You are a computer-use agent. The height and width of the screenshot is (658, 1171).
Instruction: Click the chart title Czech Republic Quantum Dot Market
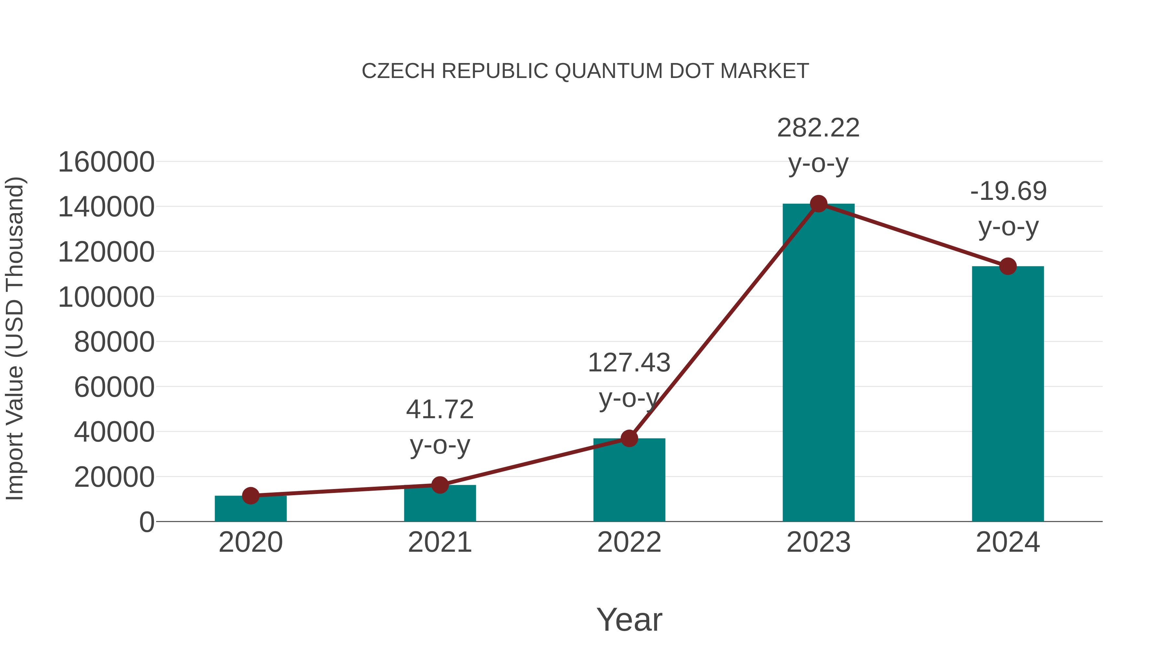585,71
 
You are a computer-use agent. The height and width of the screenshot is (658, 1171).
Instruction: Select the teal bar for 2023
818,363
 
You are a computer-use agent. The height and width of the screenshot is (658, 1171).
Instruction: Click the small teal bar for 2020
250,510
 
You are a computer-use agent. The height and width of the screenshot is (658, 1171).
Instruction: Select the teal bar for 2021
439,504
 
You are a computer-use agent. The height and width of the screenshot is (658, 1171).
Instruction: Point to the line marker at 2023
818,204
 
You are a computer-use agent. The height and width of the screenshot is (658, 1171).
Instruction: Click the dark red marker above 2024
1008,266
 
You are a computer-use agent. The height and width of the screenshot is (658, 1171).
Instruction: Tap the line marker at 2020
250,496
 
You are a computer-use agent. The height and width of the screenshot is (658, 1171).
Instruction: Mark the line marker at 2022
629,438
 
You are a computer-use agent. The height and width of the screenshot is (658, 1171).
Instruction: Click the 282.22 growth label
818,128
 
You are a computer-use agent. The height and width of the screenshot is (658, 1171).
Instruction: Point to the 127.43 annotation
629,363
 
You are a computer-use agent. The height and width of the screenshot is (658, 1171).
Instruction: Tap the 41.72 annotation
439,410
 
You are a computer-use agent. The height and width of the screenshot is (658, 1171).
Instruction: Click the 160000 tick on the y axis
106,162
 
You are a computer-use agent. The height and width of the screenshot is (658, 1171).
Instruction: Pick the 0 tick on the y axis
147,522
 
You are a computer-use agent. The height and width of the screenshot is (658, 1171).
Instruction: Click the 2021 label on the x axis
439,543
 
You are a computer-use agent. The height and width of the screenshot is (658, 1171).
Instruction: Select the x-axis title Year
629,620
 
